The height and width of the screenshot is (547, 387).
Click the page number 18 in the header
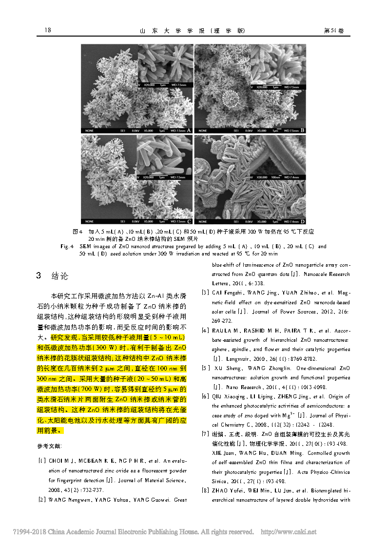tap(48, 31)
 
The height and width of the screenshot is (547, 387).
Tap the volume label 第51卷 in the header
tap(334, 31)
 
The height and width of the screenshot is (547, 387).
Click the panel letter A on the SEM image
tap(189, 130)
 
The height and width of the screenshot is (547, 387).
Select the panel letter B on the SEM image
tap(303, 130)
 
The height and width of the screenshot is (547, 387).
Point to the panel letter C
tap(189, 221)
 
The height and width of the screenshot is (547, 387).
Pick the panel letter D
tap(303, 221)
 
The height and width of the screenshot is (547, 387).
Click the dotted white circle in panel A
tap(104, 65)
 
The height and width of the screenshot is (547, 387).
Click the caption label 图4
tap(77, 231)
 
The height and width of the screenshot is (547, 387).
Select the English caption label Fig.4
tap(67, 247)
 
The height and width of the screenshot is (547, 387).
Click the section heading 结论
tap(60, 276)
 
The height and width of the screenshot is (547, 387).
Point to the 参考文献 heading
tap(50, 446)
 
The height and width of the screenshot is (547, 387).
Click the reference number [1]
tap(42, 461)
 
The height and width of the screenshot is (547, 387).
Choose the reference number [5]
tap(206, 368)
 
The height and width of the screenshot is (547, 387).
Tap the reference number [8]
tap(206, 491)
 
